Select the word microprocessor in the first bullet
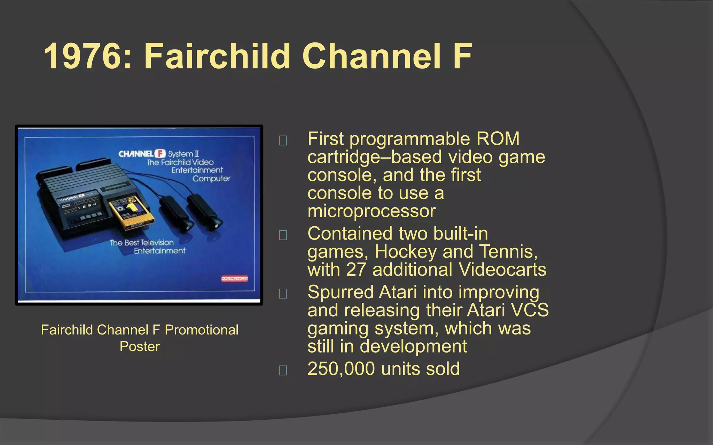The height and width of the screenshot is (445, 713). tap(371, 211)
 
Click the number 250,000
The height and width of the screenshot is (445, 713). tap(341, 369)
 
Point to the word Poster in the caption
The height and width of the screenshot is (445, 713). tap(140, 347)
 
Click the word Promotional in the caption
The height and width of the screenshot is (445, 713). tap(202, 330)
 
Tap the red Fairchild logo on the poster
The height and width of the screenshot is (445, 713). tap(234, 278)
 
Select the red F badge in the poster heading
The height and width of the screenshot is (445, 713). tap(160, 153)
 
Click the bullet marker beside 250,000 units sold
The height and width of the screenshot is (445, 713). tap(283, 370)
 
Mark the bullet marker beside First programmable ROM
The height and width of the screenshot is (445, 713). tap(283, 140)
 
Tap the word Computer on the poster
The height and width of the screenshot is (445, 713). tap(211, 179)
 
